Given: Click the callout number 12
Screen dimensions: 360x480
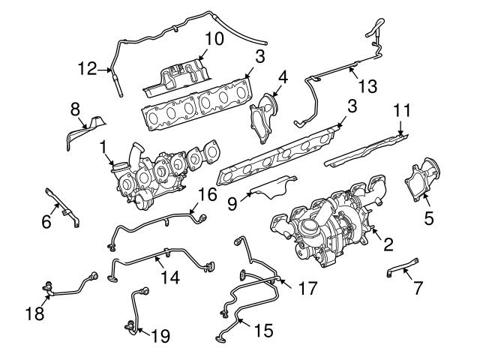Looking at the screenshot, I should pyautogui.click(x=86, y=70).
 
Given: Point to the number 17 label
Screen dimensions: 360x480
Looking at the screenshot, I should pyautogui.click(x=307, y=287).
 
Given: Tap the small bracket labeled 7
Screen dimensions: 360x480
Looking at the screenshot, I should pyautogui.click(x=403, y=268).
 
